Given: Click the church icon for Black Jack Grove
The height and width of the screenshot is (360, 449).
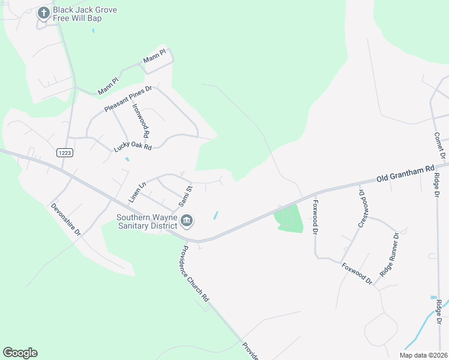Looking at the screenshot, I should pyautogui.click(x=43, y=13).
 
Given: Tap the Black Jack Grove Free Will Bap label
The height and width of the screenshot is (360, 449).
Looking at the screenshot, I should pyautogui.click(x=85, y=14).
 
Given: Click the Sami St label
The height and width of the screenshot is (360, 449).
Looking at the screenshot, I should pyautogui.click(x=184, y=196).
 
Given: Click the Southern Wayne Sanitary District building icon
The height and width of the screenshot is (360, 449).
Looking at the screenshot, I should pyautogui.click(x=186, y=222).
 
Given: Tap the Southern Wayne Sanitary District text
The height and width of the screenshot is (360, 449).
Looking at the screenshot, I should pyautogui.click(x=146, y=221).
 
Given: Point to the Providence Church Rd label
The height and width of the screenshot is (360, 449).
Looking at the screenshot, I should pyautogui.click(x=196, y=273).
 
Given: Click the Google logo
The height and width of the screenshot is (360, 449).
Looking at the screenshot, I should pyautogui.click(x=20, y=353).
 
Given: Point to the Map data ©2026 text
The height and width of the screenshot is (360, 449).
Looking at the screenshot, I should pyautogui.click(x=424, y=355).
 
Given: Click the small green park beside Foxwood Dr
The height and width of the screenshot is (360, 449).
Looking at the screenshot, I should pyautogui.click(x=289, y=218).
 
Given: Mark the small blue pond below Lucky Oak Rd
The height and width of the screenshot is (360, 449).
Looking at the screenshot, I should pyautogui.click(x=127, y=160).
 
